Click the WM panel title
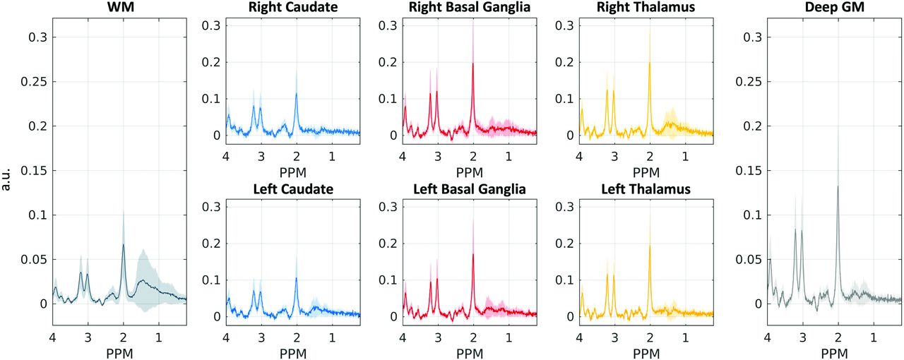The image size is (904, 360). (119, 8)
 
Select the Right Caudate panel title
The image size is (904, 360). (292, 8)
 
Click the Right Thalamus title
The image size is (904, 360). (646, 8)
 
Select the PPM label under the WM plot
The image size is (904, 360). (119, 352)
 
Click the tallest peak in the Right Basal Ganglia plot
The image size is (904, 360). (473, 64)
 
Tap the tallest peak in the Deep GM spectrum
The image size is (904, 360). (838, 186)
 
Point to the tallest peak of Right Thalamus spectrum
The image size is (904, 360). (650, 63)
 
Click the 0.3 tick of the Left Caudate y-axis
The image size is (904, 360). (210, 207)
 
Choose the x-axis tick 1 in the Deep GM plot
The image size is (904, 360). (874, 337)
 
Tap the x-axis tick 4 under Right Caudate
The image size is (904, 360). (226, 155)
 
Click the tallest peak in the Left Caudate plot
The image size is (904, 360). (296, 278)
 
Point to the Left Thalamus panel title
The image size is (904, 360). (646, 190)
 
